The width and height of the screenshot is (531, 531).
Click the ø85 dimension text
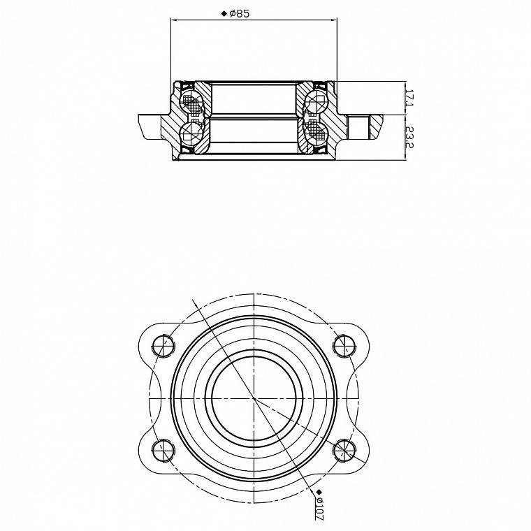pyautogui.click(x=240, y=13)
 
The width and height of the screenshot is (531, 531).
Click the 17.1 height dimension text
pyautogui.click(x=409, y=98)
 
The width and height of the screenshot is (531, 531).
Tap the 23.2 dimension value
pyautogui.click(x=409, y=137)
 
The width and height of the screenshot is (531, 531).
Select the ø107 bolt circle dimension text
pyautogui.click(x=319, y=509)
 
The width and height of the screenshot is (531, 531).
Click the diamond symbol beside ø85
pyautogui.click(x=224, y=13)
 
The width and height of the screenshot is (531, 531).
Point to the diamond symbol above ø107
pyautogui.click(x=319, y=492)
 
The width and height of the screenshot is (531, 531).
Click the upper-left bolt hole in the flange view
pyautogui.click(x=163, y=346)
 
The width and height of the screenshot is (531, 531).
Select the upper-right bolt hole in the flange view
pyautogui.click(x=344, y=346)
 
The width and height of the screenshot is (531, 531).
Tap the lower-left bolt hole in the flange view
pyautogui.click(x=163, y=451)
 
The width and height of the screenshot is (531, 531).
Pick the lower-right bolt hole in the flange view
pyautogui.click(x=344, y=451)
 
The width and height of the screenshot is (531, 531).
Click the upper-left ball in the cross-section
pyautogui.click(x=191, y=101)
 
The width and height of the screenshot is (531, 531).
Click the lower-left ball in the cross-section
pyautogui.click(x=191, y=132)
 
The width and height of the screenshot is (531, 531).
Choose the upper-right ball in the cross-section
pyautogui.click(x=317, y=101)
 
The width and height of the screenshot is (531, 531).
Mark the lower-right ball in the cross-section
pyautogui.click(x=317, y=132)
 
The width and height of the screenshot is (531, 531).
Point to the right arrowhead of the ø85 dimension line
pyautogui.click(x=334, y=20)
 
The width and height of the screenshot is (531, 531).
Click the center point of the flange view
pyautogui.click(x=254, y=398)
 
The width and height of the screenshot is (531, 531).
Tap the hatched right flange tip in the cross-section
pyautogui.click(x=376, y=126)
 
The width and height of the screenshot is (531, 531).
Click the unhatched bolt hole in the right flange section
pyautogui.click(x=358, y=127)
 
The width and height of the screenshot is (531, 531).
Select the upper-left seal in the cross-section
pyautogui.click(x=187, y=86)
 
